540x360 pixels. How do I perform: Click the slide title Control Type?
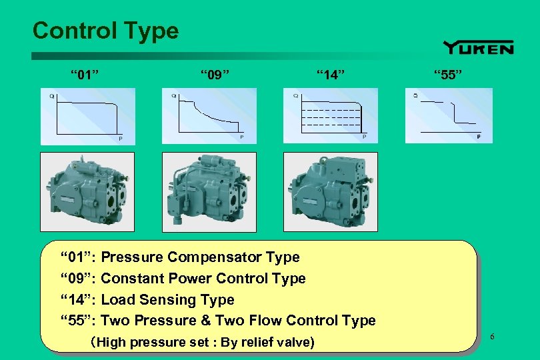tap(105, 31)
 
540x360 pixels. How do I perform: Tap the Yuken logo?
tap(478, 47)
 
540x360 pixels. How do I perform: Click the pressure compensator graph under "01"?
tap(87, 116)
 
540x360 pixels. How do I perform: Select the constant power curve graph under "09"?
tap(209, 116)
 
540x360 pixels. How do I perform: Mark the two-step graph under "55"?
tap(449, 116)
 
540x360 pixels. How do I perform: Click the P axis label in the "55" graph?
tap(479, 137)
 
